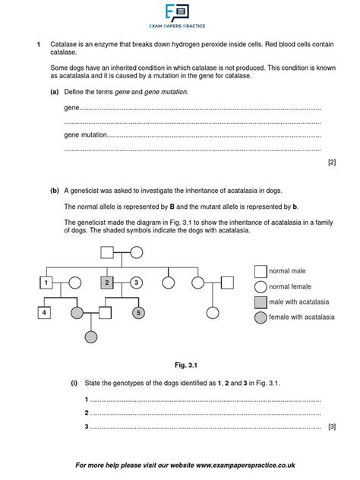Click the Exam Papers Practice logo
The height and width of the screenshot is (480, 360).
179,16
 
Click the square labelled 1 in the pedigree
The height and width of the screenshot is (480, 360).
46,283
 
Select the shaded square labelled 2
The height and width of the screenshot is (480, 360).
107,283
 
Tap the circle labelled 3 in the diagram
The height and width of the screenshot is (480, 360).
136,283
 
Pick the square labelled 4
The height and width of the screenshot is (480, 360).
46,312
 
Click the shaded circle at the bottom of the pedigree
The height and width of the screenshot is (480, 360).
92,336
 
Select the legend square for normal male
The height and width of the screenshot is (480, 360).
261,271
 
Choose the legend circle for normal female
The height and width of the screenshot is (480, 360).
261,286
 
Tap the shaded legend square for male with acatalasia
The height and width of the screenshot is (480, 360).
261,302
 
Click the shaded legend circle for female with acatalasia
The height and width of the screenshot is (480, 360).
261,318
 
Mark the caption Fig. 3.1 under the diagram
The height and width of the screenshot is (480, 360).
179,365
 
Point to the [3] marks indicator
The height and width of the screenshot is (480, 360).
331,427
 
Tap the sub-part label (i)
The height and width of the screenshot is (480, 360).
74,384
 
